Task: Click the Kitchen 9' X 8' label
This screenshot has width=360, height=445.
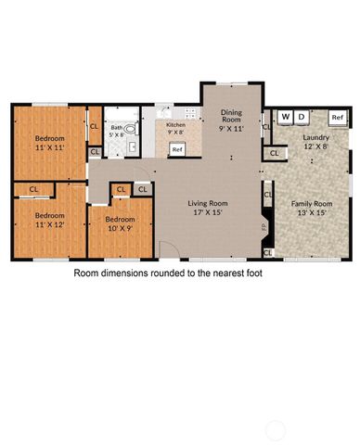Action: (x=176, y=128)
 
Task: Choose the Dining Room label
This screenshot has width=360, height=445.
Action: (x=231, y=118)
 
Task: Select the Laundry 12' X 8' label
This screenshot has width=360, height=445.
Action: (x=315, y=141)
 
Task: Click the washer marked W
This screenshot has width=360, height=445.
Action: (x=285, y=117)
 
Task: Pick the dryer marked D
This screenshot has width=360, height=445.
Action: (x=300, y=117)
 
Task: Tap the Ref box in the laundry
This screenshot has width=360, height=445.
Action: (x=337, y=118)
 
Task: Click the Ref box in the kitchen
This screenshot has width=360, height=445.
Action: (x=175, y=148)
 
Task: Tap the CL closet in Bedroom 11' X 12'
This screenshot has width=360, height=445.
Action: (x=33, y=189)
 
